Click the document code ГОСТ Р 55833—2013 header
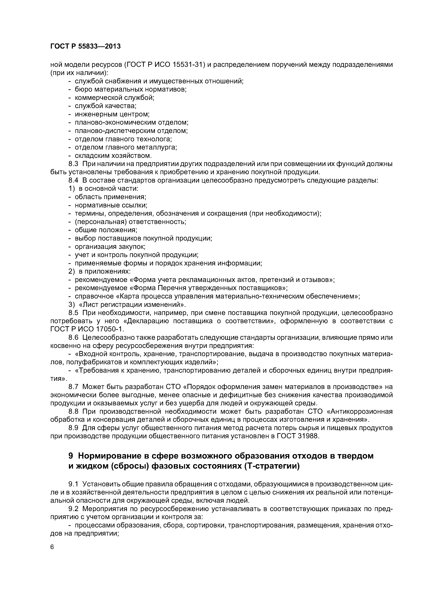(85, 46)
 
